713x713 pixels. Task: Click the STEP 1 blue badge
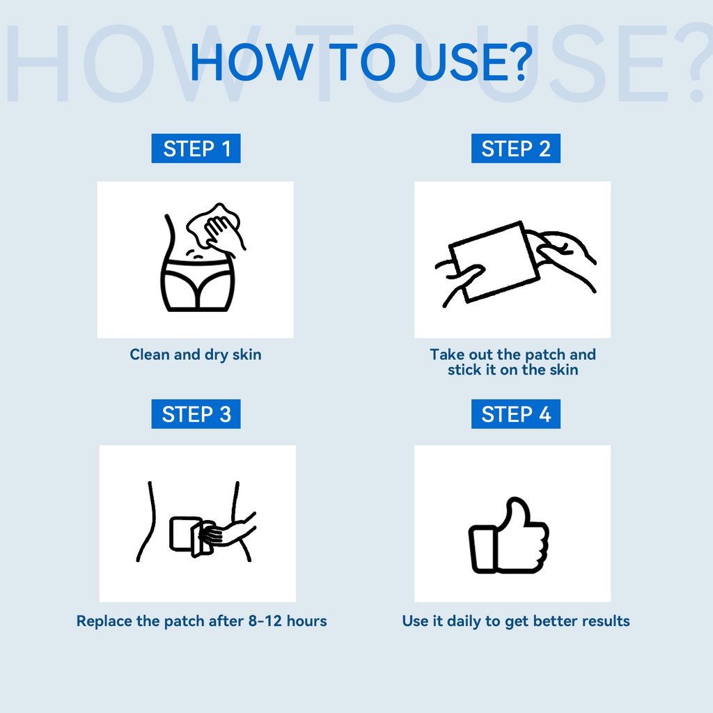(196, 148)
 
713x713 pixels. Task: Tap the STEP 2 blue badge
(516, 148)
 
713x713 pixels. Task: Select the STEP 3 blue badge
(196, 414)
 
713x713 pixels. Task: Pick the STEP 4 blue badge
(516, 414)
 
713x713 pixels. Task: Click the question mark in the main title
(519, 61)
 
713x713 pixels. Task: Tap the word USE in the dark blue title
(460, 62)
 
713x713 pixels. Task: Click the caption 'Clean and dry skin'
(196, 354)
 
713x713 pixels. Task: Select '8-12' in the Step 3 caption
(265, 620)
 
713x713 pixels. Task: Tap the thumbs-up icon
(509, 535)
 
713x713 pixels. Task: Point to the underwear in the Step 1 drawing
(198, 285)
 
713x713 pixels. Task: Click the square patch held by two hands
(495, 262)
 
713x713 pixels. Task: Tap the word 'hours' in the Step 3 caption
(306, 620)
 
